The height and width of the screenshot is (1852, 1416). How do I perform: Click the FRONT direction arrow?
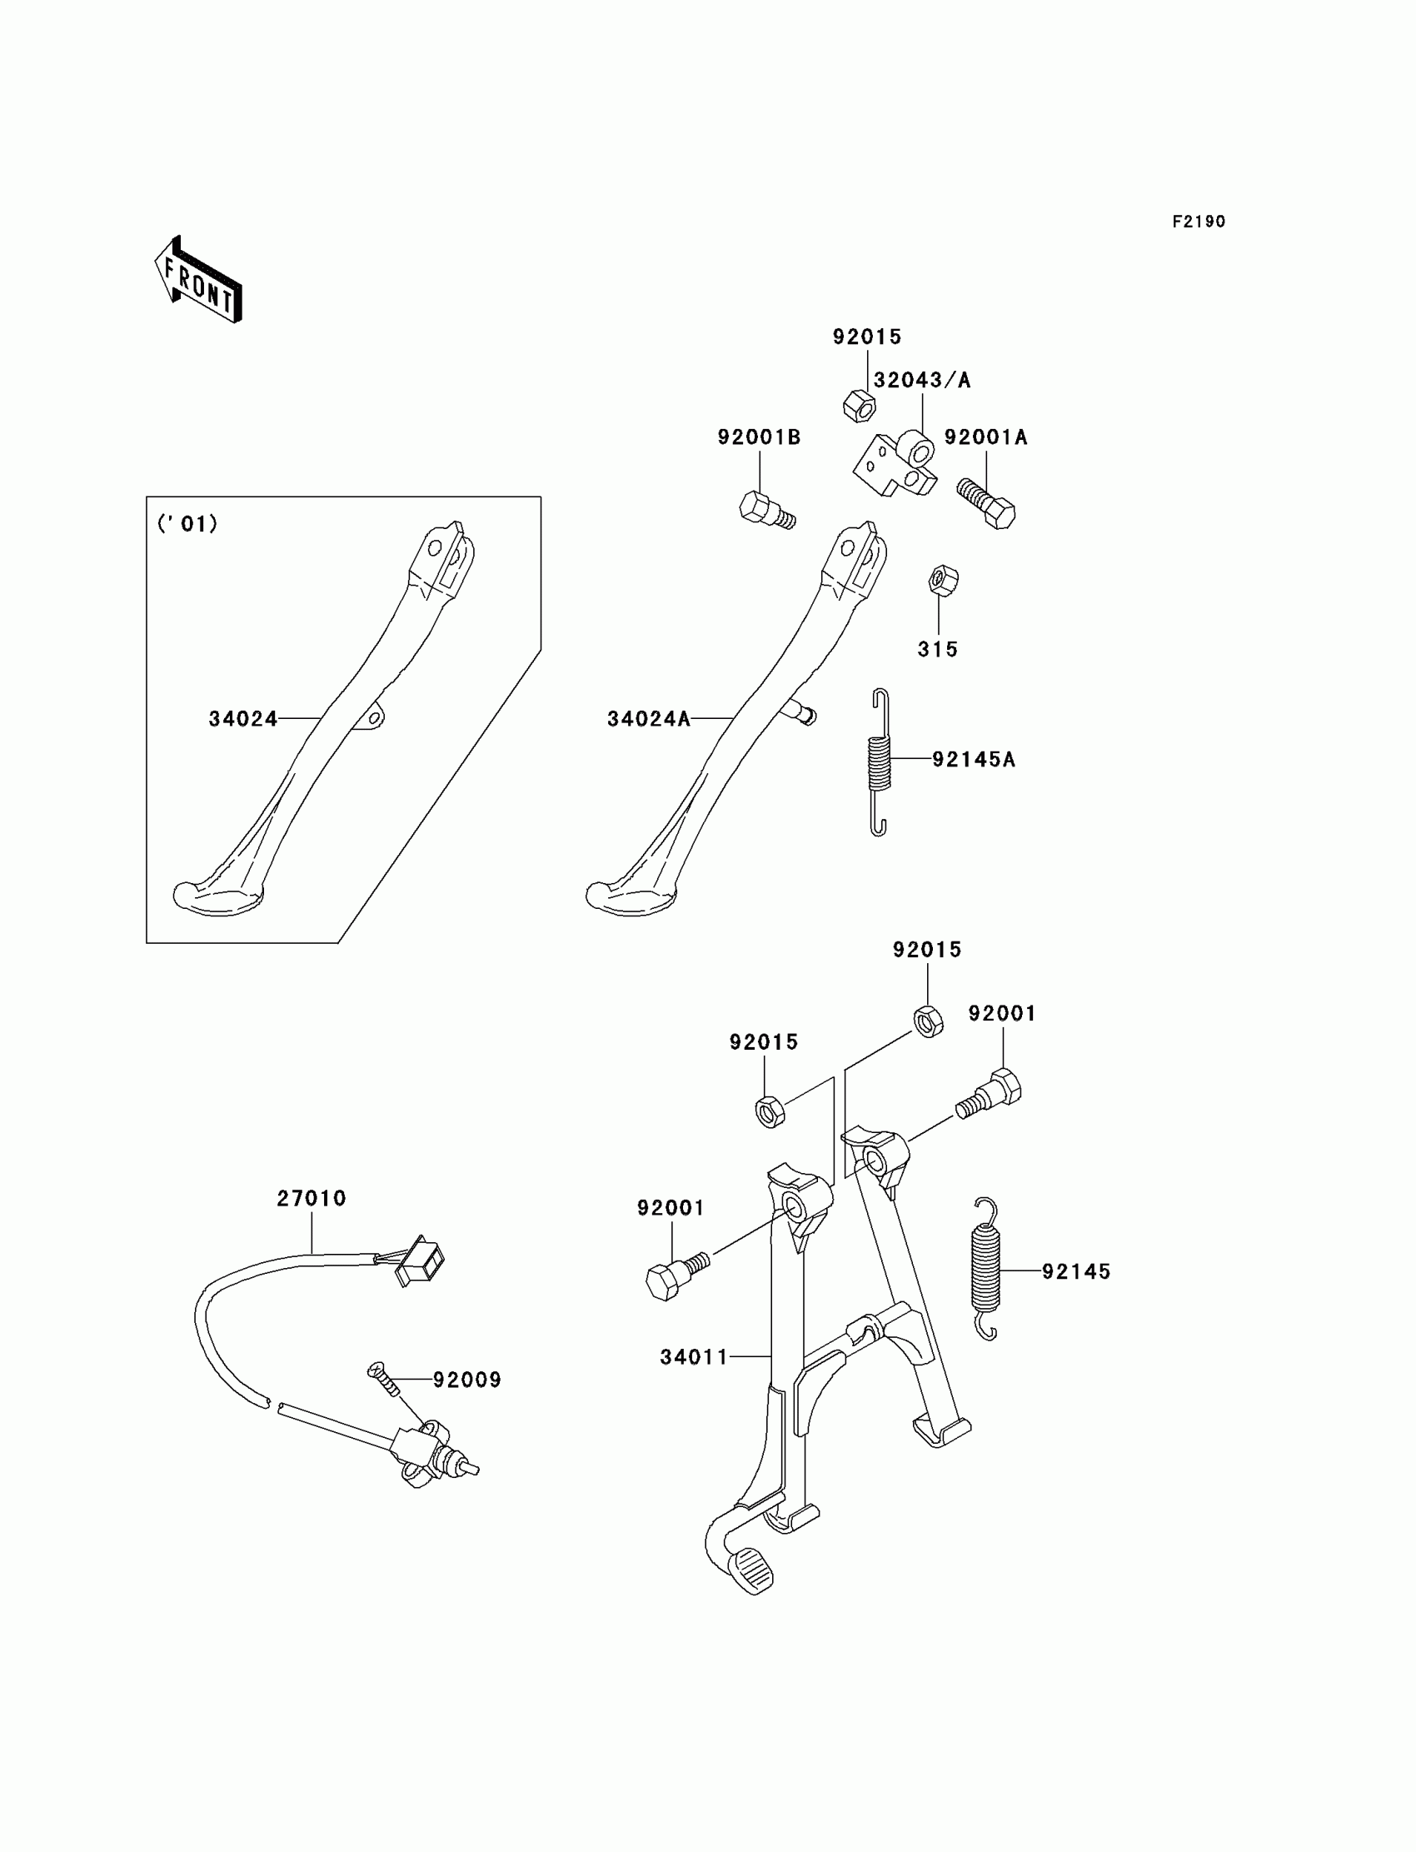tap(199, 282)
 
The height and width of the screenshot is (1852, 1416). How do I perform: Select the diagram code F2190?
tap(1199, 222)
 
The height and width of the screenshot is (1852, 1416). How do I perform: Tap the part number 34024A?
tap(648, 719)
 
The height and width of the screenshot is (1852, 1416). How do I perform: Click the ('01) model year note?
tap(187, 524)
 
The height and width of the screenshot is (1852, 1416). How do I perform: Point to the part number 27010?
tap(311, 1198)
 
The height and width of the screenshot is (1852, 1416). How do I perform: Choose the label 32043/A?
tap(922, 380)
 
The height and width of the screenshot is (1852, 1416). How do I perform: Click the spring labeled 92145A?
tap(879, 762)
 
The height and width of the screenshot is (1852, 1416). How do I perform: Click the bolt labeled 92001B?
tap(765, 509)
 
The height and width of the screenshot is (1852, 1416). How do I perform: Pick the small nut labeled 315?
tap(943, 580)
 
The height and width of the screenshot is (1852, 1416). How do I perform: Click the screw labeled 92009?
tap(382, 1378)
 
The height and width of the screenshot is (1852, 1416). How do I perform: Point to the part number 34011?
tap(694, 1357)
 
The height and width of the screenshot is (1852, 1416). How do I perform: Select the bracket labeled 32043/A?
tap(897, 465)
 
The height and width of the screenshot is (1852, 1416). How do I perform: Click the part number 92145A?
tap(974, 760)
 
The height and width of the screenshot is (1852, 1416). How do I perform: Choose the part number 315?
tap(937, 649)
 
